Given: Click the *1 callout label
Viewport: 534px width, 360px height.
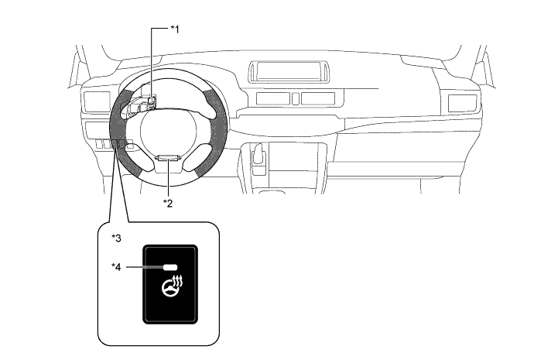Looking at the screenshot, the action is (x=175, y=29).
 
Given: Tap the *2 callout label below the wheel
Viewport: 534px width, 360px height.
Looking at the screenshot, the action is (x=168, y=204).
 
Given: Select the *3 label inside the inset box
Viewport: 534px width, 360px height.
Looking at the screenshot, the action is (x=116, y=238).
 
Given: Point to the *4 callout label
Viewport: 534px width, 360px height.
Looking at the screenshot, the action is (x=116, y=267).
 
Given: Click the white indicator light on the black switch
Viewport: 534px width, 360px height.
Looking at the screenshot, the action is (x=170, y=267).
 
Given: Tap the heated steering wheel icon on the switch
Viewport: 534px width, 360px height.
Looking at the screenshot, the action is (x=173, y=286).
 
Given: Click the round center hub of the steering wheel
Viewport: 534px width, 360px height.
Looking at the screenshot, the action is (x=168, y=130).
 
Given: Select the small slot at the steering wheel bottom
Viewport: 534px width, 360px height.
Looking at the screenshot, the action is (x=167, y=158).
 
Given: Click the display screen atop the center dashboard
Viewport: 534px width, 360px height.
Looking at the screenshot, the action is (x=289, y=71).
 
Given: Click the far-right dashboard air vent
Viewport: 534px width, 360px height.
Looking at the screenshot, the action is (x=463, y=103).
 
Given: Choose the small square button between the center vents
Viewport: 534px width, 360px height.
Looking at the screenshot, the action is (x=296, y=98).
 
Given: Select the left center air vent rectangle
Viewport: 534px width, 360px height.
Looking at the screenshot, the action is (x=272, y=98).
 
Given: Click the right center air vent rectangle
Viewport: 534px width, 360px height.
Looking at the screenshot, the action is (x=318, y=98).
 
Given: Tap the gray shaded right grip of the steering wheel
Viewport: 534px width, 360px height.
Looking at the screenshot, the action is (x=215, y=129).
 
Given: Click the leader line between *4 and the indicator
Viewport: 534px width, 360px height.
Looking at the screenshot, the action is (x=145, y=267).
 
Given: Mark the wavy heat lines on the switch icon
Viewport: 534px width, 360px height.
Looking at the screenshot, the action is (x=178, y=280).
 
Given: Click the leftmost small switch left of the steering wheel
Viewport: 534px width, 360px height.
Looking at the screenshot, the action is (x=99, y=144).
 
